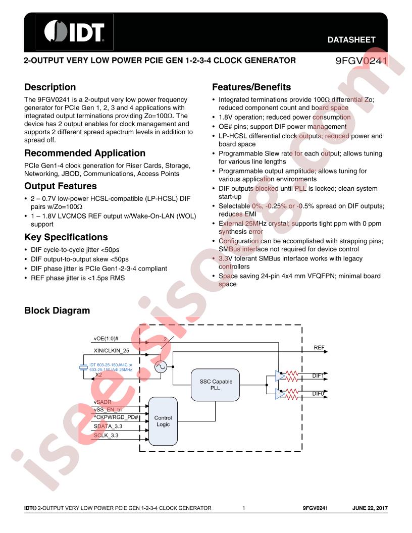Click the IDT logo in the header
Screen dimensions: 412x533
74,32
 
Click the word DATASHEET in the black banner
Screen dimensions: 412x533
351,40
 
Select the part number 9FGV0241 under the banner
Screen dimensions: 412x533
362,61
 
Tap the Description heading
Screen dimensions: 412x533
50,87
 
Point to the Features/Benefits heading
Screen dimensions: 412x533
251,87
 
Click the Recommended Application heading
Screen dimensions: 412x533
85,153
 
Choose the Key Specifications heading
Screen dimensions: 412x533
66,237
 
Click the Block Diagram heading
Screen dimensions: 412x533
57,310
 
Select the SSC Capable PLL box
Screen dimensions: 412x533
215,385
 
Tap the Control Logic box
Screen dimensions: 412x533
163,421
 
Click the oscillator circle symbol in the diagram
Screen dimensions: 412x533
161,367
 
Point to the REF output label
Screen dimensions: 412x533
319,347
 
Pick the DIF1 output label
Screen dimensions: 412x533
318,376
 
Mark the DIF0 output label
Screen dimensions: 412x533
318,394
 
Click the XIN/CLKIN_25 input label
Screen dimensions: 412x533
112,350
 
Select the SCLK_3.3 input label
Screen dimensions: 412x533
106,435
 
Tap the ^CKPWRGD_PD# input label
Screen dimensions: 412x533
116,417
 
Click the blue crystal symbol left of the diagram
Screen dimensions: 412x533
83,367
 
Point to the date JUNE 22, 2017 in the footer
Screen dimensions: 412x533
370,508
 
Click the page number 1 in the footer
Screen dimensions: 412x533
244,508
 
